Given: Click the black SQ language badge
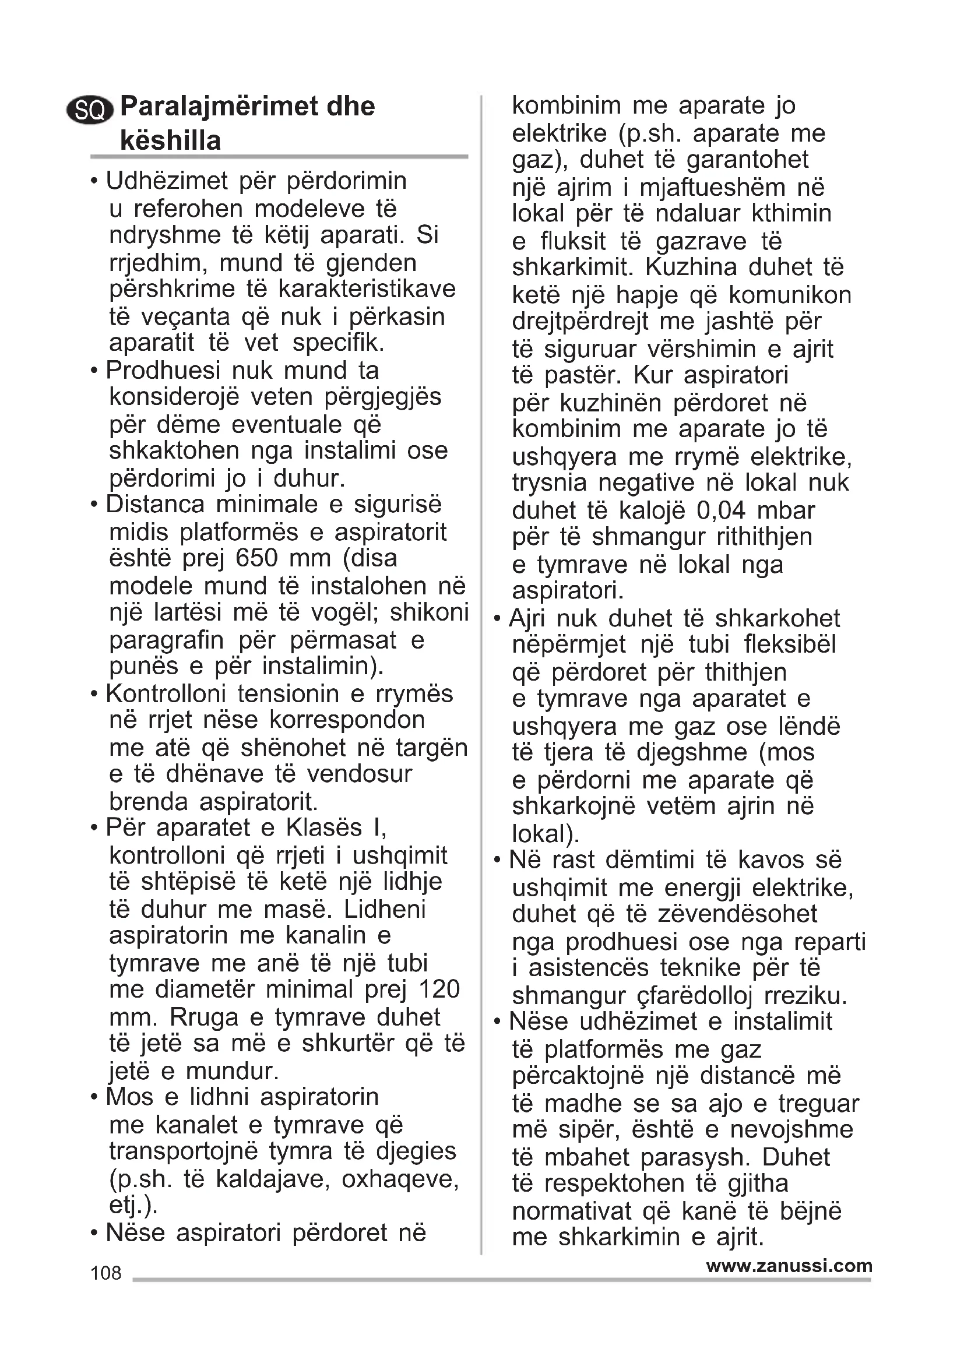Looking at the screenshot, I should [90, 110].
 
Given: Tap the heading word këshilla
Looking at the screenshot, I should [170, 140].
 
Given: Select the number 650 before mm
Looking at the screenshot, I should [257, 559].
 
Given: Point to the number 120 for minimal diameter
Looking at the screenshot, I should [439, 989].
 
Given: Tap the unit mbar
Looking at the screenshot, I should [786, 510].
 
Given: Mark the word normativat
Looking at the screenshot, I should [571, 1211].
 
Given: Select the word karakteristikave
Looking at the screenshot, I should [366, 289].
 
